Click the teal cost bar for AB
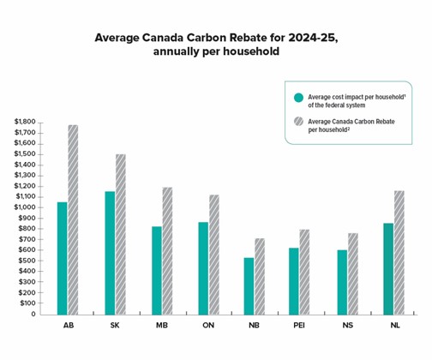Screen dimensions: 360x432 click(62, 258)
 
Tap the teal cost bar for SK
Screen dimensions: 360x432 click(110, 253)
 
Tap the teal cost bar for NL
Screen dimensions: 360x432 click(388, 268)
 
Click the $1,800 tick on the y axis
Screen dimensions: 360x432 click(25, 123)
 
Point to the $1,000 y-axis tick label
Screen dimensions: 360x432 click(25, 207)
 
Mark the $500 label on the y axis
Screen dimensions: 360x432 click(27, 261)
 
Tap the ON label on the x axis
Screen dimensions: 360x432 click(208, 327)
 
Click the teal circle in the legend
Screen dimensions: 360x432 click(298, 97)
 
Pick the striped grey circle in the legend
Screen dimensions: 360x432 click(298, 122)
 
